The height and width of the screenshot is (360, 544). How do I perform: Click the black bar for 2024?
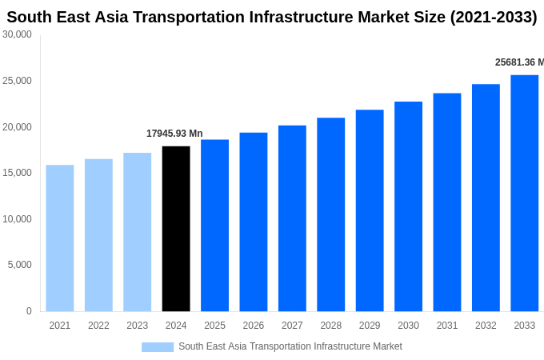click(176, 229)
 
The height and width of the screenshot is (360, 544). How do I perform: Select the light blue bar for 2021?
click(60, 238)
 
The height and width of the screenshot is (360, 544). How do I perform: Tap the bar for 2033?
click(525, 193)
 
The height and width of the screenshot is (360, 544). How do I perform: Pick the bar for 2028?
click(331, 214)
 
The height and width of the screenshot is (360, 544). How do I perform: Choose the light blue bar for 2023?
click(138, 232)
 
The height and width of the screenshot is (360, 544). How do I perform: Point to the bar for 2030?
click(408, 206)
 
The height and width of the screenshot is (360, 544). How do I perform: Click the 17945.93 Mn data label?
click(174, 134)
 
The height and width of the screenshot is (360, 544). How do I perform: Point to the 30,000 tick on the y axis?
click(18, 34)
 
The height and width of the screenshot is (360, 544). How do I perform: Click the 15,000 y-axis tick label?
click(18, 173)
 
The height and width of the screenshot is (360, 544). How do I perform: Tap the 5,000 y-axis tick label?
click(20, 265)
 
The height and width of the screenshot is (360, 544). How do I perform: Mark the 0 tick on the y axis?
click(29, 311)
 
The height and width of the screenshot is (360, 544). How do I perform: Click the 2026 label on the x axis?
click(254, 326)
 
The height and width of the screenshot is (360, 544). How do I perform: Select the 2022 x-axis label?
click(98, 326)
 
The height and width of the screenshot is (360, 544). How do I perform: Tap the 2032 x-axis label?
click(486, 326)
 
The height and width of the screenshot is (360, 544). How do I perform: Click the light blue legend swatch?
click(158, 347)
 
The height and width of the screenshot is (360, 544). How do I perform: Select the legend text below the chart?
click(290, 346)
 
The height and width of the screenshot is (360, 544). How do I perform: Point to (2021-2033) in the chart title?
click(494, 17)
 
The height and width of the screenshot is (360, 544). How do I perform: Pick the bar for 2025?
click(214, 226)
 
